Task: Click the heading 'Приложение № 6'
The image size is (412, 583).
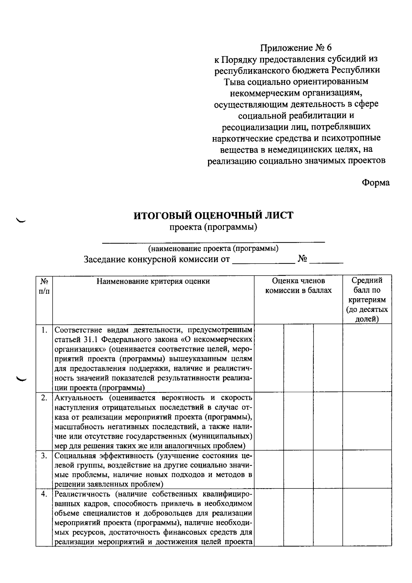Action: (296, 47)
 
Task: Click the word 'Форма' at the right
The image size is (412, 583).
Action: (376, 183)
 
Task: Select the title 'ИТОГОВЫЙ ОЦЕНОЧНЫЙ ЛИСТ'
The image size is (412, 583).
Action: (214, 216)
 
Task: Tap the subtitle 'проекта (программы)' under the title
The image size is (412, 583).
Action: (214, 227)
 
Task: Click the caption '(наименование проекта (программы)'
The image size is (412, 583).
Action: (213, 248)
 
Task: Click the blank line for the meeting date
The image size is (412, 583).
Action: (264, 262)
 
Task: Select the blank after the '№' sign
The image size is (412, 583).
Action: (326, 262)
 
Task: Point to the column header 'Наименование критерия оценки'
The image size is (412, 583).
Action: (153, 281)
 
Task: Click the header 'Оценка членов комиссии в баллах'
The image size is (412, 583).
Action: (298, 286)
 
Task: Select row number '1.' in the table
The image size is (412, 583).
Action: (44, 330)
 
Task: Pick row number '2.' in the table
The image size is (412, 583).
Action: (44, 398)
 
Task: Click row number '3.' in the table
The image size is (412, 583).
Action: (44, 456)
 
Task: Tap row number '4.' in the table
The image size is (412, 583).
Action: (44, 494)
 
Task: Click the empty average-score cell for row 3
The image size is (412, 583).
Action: (367, 469)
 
